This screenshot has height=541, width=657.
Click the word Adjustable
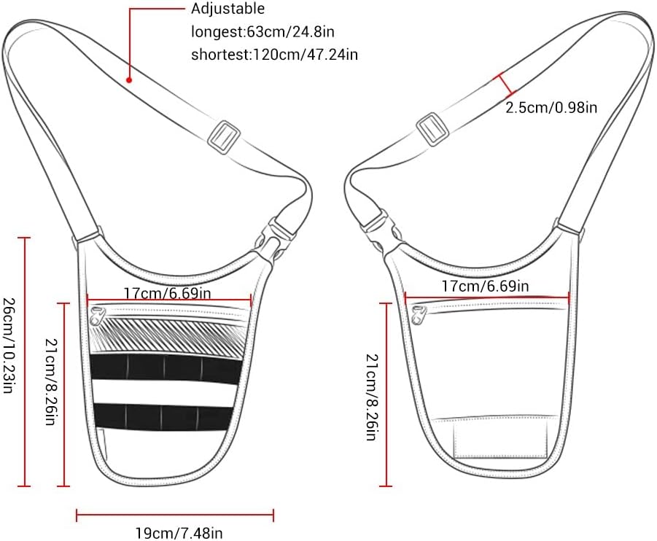tap(228, 9)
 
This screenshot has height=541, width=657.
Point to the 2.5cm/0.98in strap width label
tap(551, 107)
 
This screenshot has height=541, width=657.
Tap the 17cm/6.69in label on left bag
tap(168, 293)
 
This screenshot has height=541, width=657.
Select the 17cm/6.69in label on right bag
tap(486, 287)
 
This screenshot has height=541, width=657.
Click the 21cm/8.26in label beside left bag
tap(50, 382)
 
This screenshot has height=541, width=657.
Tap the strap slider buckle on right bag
tap(434, 131)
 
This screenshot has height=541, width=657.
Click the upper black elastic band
tap(166, 367)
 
